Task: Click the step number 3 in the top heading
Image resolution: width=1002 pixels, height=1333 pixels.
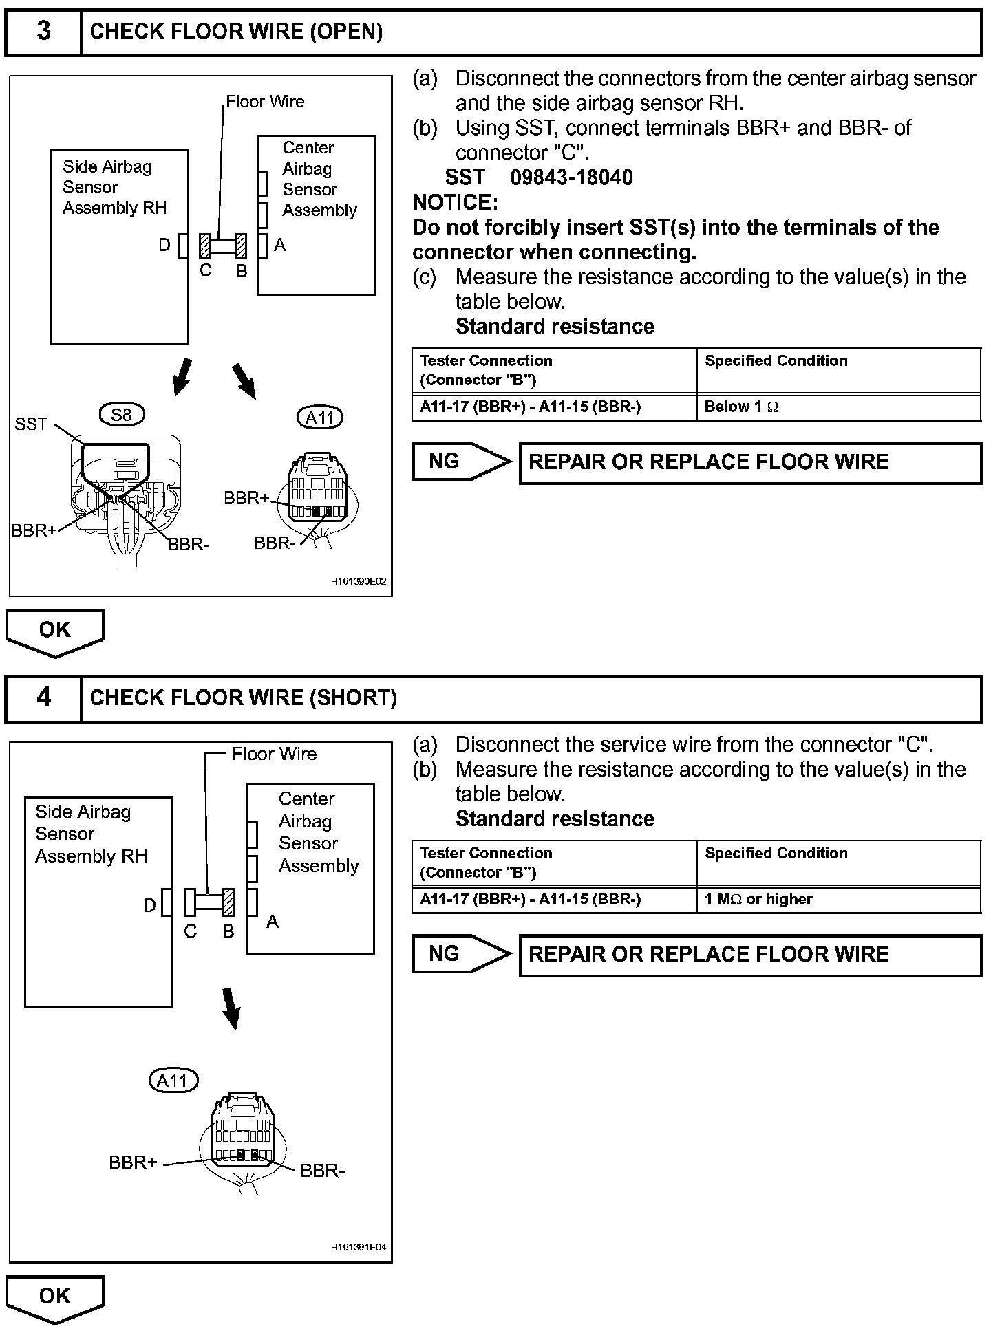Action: pyautogui.click(x=43, y=31)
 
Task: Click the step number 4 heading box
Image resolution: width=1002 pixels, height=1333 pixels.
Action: pyautogui.click(x=43, y=698)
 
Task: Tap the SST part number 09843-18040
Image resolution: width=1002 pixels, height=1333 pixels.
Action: pyautogui.click(x=571, y=177)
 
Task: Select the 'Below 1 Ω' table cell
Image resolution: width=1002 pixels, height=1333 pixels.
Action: pyautogui.click(x=838, y=407)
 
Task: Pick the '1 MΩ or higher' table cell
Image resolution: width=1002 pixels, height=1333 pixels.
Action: pyautogui.click(x=838, y=900)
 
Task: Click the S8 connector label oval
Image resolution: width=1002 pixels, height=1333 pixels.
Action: pyautogui.click(x=121, y=414)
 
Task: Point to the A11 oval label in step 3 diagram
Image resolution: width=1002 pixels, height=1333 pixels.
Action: pyautogui.click(x=320, y=418)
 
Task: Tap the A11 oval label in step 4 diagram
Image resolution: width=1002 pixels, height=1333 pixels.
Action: pyautogui.click(x=173, y=1081)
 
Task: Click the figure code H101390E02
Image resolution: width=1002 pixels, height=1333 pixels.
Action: pyautogui.click(x=359, y=581)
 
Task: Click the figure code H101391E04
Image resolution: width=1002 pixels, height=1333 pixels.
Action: pyautogui.click(x=359, y=1247)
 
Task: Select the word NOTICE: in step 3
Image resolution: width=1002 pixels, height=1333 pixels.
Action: pyautogui.click(x=455, y=203)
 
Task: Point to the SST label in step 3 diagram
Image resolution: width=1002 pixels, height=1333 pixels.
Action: pyautogui.click(x=31, y=424)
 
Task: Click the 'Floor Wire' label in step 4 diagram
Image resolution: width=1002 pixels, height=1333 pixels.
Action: pyautogui.click(x=274, y=754)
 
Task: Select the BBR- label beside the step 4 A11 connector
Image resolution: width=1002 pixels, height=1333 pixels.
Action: pyautogui.click(x=322, y=1171)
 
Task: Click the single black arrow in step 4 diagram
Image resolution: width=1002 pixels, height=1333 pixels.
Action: pyautogui.click(x=232, y=1008)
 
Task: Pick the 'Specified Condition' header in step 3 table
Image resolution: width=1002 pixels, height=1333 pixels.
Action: pyautogui.click(x=776, y=361)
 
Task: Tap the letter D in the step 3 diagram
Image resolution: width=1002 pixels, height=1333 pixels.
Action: pyautogui.click(x=164, y=245)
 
